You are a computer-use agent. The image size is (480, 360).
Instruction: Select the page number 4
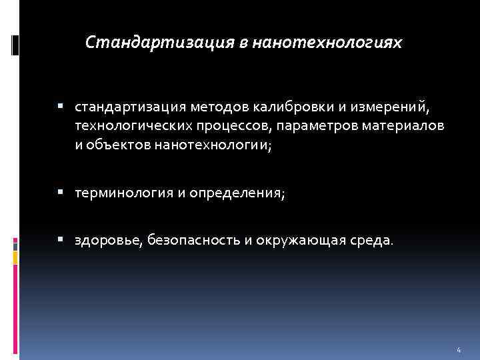[x=459, y=350]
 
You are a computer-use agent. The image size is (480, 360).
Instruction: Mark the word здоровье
[x=104, y=240]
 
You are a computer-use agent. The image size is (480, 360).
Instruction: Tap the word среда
[x=375, y=240]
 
